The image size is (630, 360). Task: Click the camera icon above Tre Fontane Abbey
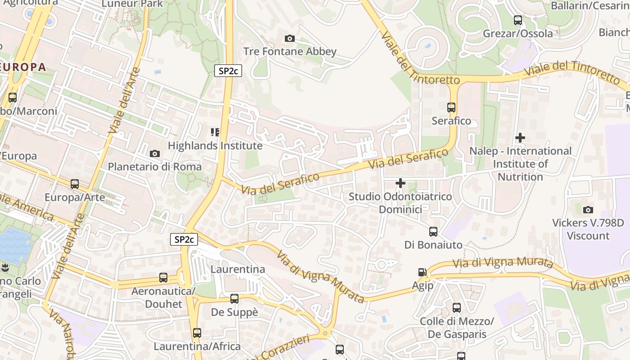point(290,39)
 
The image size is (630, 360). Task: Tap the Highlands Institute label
point(215,146)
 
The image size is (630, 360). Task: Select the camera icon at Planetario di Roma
point(155,154)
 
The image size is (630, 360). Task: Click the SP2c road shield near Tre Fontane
point(228,71)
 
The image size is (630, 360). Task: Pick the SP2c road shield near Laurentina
point(184,239)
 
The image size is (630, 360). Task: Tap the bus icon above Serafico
point(451,108)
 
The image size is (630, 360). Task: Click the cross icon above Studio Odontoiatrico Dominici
point(400,183)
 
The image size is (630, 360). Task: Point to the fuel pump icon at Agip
point(422,272)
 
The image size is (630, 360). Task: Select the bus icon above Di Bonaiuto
point(433,232)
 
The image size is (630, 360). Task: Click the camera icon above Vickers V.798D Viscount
point(588,210)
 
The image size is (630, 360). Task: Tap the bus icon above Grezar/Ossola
point(518,20)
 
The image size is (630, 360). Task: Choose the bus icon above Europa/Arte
point(75,184)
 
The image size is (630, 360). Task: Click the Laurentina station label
point(238,269)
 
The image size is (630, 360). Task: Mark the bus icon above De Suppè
point(234,299)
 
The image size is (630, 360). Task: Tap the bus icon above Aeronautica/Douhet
point(163,278)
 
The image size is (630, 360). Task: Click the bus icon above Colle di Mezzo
point(457,308)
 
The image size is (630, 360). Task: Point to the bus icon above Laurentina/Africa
point(197,333)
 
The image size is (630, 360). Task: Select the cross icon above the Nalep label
point(520,138)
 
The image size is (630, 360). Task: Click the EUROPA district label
point(23,67)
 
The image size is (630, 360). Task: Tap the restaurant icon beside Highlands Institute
point(215,132)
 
